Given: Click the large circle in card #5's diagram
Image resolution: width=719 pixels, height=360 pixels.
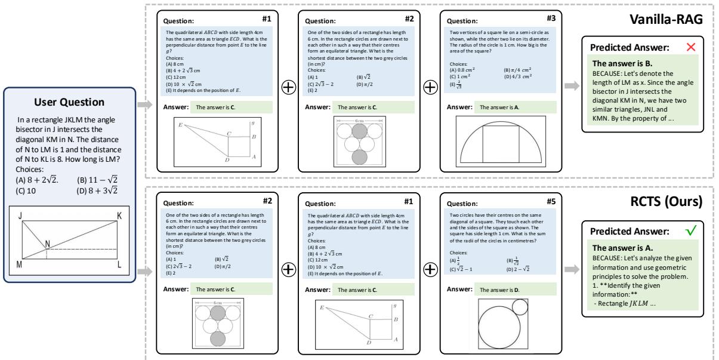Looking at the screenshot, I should pos(496,327).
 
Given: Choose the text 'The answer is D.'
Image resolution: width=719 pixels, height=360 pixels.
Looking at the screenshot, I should pos(497,289).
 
